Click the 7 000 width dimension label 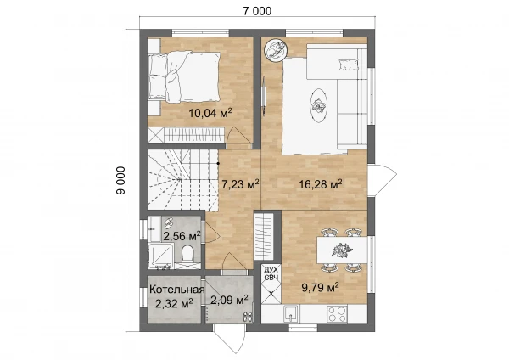click(257, 11)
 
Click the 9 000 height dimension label click(120, 181)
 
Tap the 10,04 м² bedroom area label click(210, 113)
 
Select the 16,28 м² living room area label click(321, 184)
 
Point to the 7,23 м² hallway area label click(240, 184)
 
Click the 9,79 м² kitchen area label click(321, 287)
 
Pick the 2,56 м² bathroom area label click(182, 236)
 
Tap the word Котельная click(177, 290)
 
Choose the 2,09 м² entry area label click(230, 299)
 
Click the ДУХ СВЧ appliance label click(271, 273)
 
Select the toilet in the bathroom click(187, 254)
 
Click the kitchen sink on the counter click(291, 313)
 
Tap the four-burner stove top click(337, 313)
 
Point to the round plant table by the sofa click(276, 49)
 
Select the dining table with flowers click(342, 250)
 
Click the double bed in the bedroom click(184, 76)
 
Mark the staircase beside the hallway click(182, 179)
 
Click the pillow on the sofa click(349, 65)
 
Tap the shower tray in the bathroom click(160, 256)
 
